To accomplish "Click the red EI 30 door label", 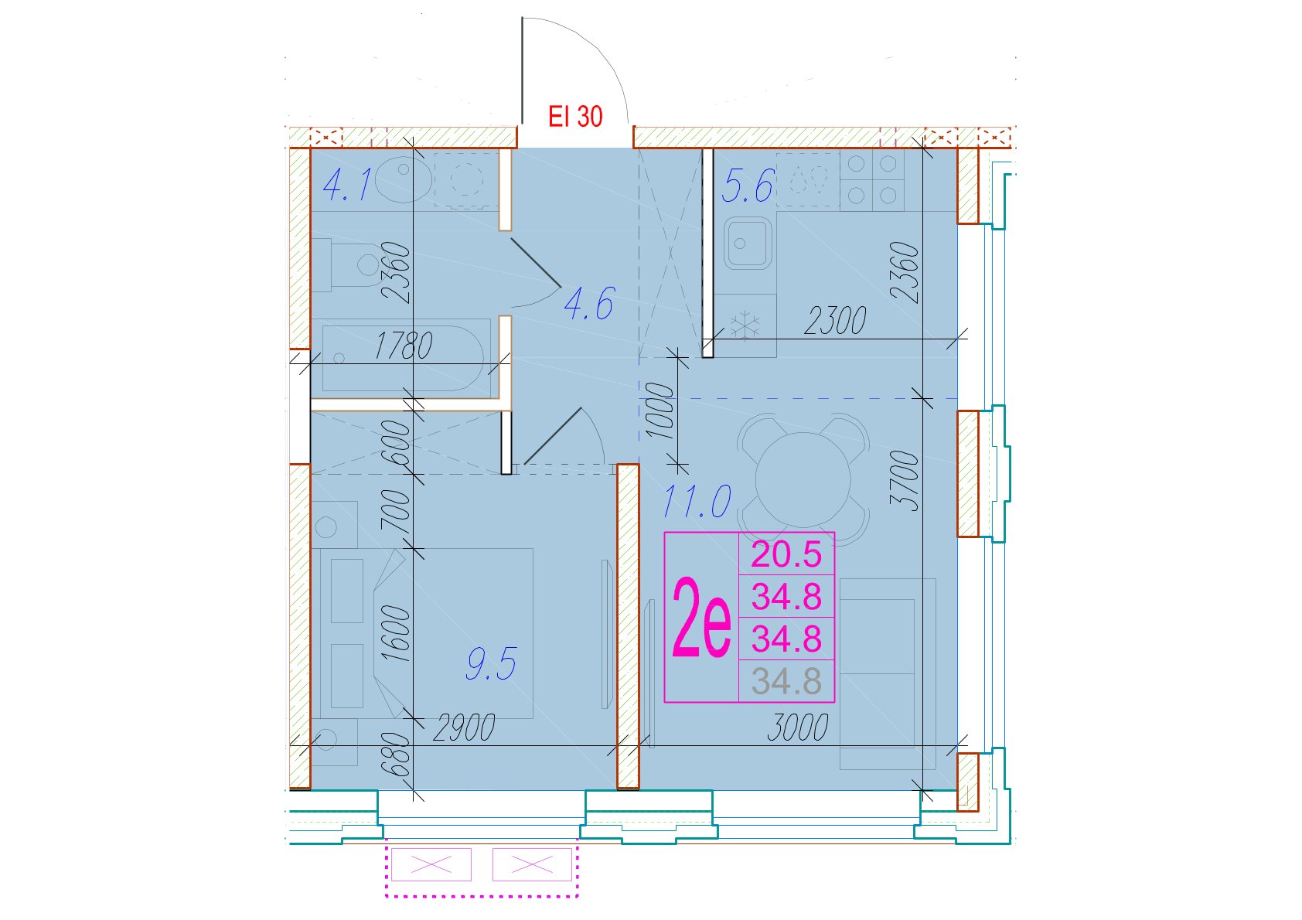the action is (575, 117).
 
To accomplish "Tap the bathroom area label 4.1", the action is (346, 184).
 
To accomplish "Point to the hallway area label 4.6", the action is (589, 303).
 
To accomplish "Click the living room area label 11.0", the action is (697, 501).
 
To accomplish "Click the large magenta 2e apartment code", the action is (701, 617).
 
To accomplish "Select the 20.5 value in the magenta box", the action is (786, 554).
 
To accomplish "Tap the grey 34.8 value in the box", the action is (786, 681).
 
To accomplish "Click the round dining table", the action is (803, 480).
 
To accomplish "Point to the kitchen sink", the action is (748, 243).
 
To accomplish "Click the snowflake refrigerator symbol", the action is (745, 325).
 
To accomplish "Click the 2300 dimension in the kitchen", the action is (835, 321).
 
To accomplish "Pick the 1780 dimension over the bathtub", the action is (404, 346).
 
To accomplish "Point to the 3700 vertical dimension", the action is (905, 482).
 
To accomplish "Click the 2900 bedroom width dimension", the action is (464, 727).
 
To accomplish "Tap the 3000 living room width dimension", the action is (797, 727).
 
